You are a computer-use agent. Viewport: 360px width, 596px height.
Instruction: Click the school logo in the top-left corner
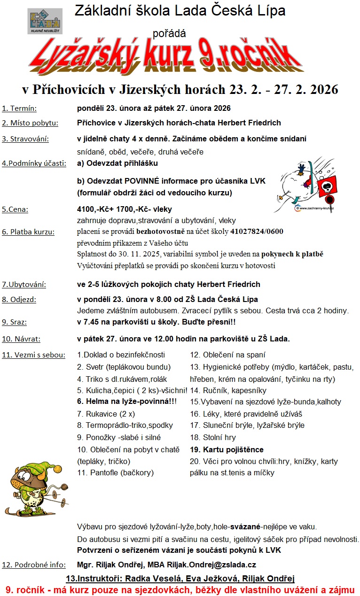[45, 21]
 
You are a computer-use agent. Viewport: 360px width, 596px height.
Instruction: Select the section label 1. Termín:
[19, 108]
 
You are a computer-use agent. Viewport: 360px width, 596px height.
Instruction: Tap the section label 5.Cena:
[15, 209]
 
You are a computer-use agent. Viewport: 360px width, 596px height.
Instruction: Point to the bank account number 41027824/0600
[257, 232]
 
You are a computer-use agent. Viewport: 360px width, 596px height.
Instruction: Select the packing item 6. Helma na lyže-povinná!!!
[127, 402]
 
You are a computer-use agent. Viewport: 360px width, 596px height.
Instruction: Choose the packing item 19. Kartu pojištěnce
[227, 449]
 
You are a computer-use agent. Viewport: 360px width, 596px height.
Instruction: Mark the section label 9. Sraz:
[14, 322]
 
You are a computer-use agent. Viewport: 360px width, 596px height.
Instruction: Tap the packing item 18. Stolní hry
[213, 437]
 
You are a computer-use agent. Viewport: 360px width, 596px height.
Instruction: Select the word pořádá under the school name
[169, 33]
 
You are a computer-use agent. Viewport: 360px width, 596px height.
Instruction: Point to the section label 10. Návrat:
[21, 338]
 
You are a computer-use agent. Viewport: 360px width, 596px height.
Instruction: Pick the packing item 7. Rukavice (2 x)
[106, 414]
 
